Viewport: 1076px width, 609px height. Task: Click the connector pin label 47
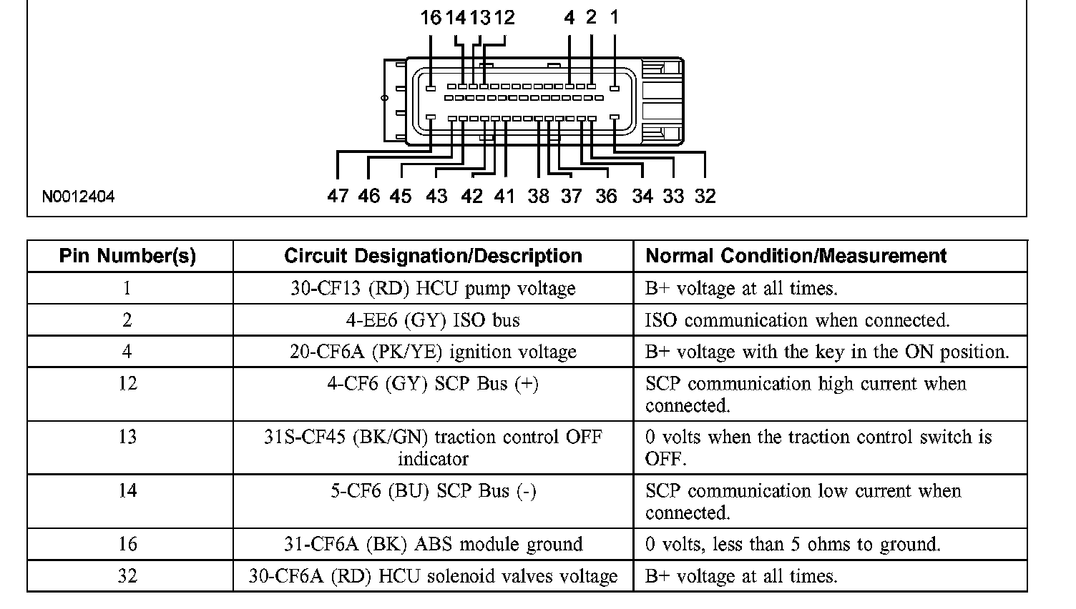click(x=338, y=196)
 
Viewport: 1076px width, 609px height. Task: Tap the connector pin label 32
click(x=705, y=196)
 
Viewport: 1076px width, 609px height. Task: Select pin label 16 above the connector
click(x=431, y=18)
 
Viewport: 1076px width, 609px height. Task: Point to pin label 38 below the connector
click(x=539, y=196)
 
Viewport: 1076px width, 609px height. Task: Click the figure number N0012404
click(x=78, y=197)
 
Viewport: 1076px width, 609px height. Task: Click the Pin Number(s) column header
click(x=127, y=256)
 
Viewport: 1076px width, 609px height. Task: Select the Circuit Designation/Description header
click(x=433, y=256)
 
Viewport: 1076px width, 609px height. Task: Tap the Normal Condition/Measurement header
click(x=796, y=256)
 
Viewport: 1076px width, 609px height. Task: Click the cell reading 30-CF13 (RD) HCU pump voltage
click(x=433, y=288)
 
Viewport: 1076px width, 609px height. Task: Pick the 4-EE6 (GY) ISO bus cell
click(x=433, y=320)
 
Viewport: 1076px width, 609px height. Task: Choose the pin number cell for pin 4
click(x=127, y=352)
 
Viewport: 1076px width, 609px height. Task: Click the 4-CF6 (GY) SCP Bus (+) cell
click(x=433, y=384)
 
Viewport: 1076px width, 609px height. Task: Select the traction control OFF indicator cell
click(x=433, y=447)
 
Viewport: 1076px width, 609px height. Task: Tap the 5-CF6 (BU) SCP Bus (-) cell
click(x=433, y=491)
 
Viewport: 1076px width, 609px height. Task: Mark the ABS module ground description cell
click(x=433, y=544)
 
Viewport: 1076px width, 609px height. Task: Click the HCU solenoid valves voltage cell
click(x=433, y=576)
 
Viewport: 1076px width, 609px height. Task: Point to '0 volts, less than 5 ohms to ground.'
click(x=793, y=544)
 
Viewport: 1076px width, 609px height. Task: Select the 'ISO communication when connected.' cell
click(x=797, y=320)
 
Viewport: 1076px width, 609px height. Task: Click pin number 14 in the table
click(x=127, y=491)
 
